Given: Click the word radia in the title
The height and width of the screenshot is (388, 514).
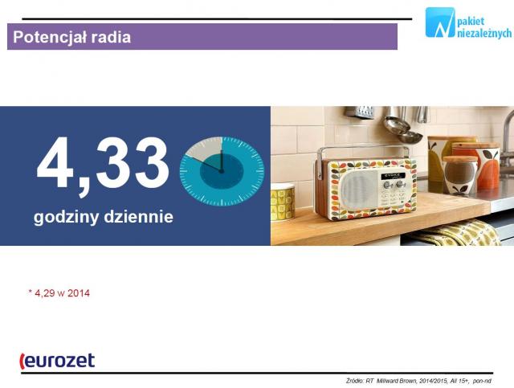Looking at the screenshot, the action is coord(111,37).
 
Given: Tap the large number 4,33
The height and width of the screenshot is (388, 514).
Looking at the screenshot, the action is coord(103,165).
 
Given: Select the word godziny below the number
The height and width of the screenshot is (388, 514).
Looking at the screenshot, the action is coord(66,217).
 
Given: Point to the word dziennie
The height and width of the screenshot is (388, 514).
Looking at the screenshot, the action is coord(138,216).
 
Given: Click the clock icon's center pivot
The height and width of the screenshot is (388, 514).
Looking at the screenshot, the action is coord(222,171).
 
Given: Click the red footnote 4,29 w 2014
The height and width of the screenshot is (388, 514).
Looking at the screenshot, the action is coord(59,293).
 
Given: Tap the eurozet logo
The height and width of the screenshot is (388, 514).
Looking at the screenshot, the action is coord(57,361).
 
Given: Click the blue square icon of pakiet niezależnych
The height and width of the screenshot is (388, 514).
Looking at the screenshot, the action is coord(440,22).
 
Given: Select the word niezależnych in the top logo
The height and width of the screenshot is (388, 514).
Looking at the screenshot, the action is coord(483,33).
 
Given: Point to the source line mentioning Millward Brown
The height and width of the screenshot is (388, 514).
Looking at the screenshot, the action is coord(418,381).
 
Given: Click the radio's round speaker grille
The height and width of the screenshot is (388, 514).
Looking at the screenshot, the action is coord(358,190).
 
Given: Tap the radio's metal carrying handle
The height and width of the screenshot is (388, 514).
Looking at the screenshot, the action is coord(363,154).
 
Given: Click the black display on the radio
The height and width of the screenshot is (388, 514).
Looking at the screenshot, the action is coord(393,176).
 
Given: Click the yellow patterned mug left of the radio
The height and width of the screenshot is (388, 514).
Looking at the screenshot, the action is coord(282,202).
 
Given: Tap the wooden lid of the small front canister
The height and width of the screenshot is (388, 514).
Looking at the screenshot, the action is coord(460,159).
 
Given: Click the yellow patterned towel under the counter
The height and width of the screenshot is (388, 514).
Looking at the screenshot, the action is coord(459,234).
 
